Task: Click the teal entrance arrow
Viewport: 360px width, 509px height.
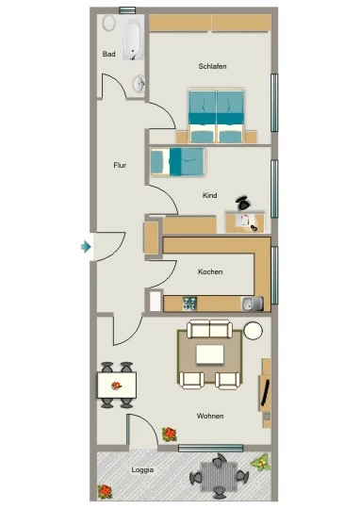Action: pos(86,247)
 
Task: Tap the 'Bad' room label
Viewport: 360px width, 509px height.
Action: pos(108,54)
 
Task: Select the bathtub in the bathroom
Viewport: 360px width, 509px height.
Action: pos(133,40)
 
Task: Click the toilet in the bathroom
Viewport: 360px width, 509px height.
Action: pos(109,24)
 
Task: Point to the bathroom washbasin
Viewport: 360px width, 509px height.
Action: pos(139,84)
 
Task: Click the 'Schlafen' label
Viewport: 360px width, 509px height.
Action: pos(212,66)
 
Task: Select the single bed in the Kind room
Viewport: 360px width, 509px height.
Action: pos(177,162)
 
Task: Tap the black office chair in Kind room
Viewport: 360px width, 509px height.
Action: pos(243,203)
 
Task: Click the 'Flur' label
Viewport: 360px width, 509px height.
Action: pos(120,165)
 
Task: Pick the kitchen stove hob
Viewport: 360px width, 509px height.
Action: pos(189,304)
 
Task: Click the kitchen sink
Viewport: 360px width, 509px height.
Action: pos(253,304)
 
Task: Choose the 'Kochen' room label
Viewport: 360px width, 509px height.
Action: pos(210,271)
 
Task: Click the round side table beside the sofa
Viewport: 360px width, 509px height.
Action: pos(253,331)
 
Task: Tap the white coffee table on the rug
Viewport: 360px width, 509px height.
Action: pos(210,354)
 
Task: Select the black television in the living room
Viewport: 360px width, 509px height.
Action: pos(266,393)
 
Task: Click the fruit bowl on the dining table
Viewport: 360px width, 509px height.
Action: pos(117,386)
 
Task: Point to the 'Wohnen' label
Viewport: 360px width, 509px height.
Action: pos(210,416)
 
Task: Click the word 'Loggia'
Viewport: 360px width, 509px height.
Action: pos(142,469)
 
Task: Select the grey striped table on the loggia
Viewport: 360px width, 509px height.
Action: pos(220,477)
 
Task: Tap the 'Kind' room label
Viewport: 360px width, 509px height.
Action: pos(210,195)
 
